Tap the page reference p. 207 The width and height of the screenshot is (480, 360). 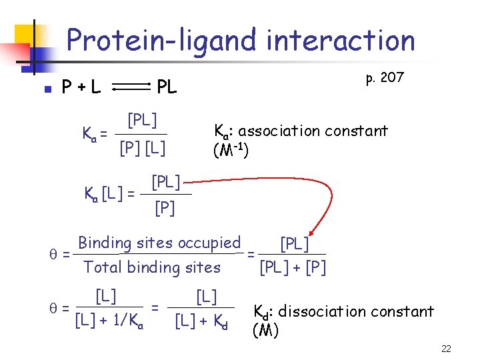click(385, 77)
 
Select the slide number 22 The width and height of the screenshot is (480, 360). click(447, 349)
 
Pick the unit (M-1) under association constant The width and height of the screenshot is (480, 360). click(231, 151)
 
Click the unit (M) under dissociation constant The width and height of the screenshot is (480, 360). click(265, 330)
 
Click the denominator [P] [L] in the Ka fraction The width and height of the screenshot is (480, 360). click(143, 147)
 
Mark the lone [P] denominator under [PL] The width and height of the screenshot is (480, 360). click(165, 209)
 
